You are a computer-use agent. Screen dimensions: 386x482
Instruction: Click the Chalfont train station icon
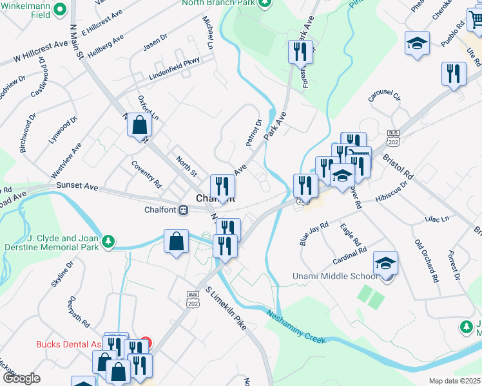(183, 210)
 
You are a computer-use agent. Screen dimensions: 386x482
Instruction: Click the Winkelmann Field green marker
(60, 9)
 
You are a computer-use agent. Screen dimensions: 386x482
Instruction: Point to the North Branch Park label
(218, 3)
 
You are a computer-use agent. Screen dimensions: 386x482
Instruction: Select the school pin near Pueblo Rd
(418, 44)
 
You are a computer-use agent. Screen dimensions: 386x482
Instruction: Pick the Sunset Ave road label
(77, 186)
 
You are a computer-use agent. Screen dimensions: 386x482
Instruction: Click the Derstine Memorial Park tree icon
(110, 241)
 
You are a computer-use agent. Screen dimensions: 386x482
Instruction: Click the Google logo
(21, 378)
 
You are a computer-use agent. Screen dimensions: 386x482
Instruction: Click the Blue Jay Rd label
(314, 234)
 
